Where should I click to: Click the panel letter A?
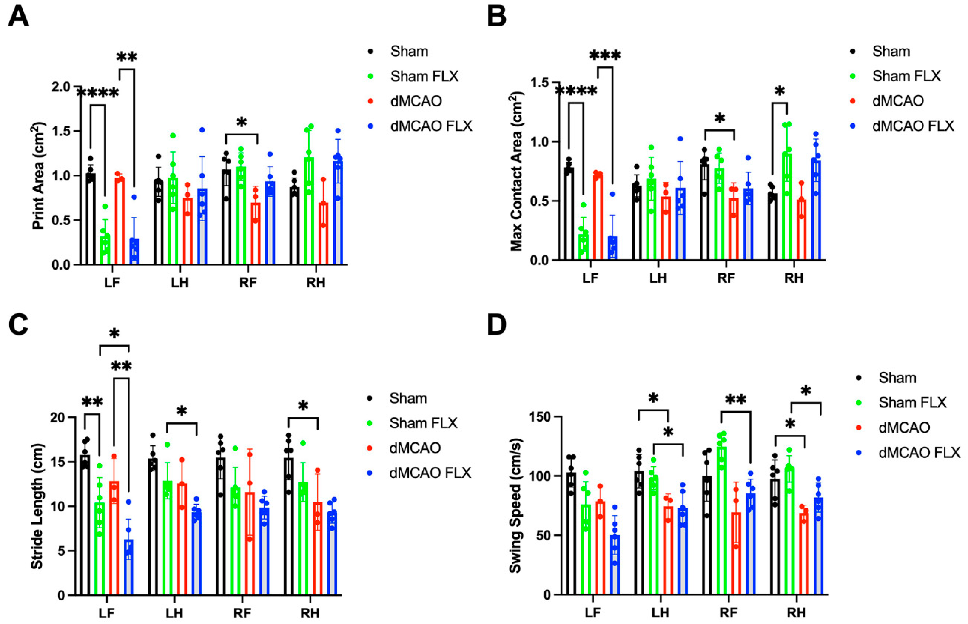pyautogui.click(x=18, y=17)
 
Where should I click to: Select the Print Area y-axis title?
pyautogui.click(x=39, y=176)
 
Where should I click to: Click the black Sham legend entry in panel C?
pyautogui.click(x=408, y=398)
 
